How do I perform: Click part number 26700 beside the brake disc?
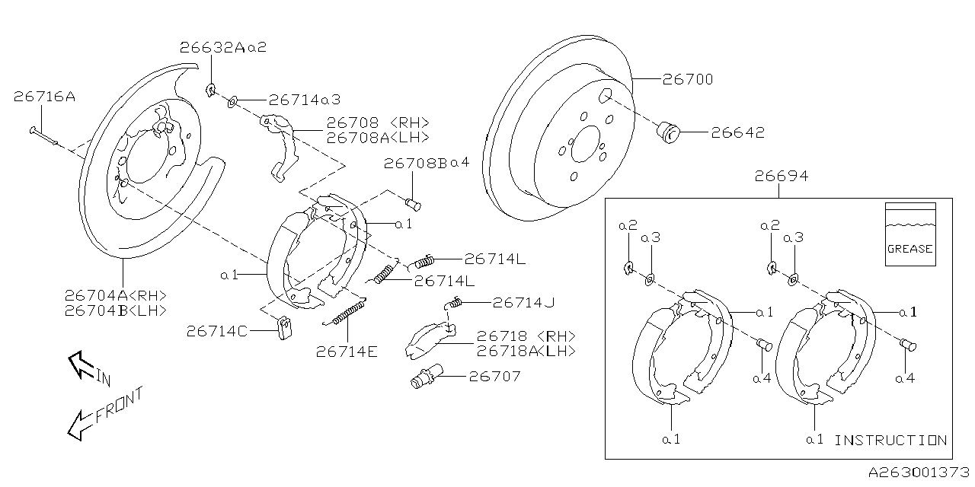coord(688,79)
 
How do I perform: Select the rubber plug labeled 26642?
coord(668,132)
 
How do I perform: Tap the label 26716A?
coord(44,96)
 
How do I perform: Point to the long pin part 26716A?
coord(43,136)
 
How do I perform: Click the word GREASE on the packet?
coord(909,249)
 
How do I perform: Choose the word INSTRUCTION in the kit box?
coord(890,440)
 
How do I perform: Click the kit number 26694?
coord(782,176)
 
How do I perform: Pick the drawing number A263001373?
coord(919,473)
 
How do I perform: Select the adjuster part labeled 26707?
coord(427,377)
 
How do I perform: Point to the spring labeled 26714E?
coord(345,312)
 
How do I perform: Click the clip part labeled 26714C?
coord(285,328)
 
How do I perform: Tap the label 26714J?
coord(523,302)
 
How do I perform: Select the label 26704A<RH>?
coord(115,296)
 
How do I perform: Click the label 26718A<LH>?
coord(526,351)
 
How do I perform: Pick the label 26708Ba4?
coord(427,163)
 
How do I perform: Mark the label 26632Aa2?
coord(223,47)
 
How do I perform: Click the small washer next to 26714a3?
coord(232,102)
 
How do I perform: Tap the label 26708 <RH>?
coord(378,123)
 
